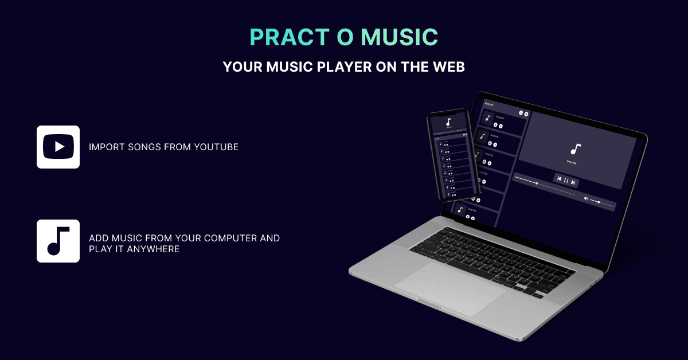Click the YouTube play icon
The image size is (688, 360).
(58, 147)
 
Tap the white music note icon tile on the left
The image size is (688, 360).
(58, 241)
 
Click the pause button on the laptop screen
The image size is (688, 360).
(566, 181)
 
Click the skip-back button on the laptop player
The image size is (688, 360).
(559, 179)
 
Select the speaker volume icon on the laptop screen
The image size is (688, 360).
(586, 199)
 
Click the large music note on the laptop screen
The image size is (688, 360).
(576, 149)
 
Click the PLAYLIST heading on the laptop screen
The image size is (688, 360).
(490, 104)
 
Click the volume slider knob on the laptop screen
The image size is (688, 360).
(599, 202)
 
